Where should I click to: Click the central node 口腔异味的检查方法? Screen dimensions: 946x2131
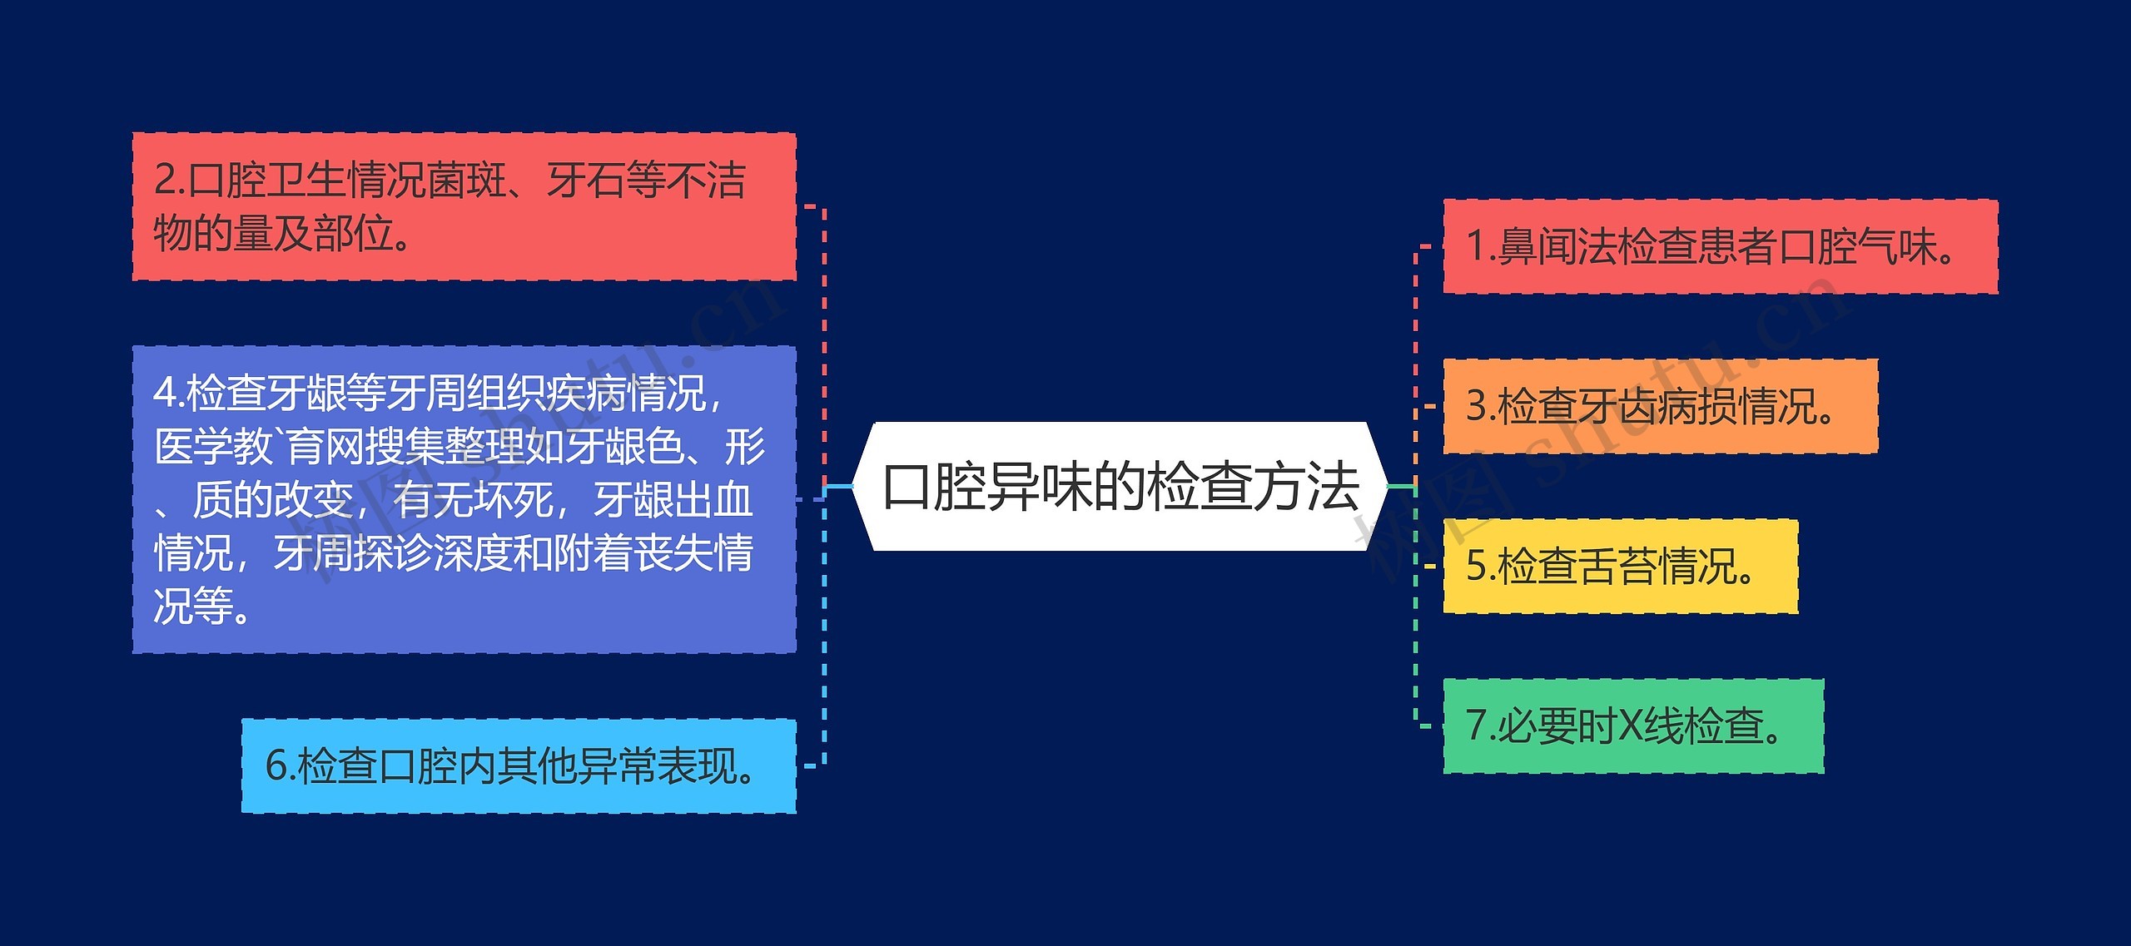[1120, 486]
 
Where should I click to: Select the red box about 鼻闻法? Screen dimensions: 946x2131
[1719, 246]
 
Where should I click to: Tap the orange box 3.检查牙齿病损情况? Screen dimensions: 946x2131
[1660, 406]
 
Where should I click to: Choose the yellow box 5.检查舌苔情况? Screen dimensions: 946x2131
[1620, 566]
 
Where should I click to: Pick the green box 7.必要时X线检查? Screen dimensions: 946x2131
[1632, 726]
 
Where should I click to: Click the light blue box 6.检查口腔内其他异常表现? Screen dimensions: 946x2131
[518, 765]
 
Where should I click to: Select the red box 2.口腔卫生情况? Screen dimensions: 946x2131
[464, 206]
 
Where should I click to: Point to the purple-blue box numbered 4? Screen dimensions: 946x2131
[464, 499]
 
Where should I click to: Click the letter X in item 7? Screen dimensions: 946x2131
[1630, 726]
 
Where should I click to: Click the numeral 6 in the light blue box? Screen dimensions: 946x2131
[276, 765]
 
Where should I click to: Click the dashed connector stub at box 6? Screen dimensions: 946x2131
[810, 765]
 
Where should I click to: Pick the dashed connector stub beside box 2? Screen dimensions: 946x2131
[812, 206]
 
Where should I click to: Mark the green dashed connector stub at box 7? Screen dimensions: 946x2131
[1424, 726]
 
